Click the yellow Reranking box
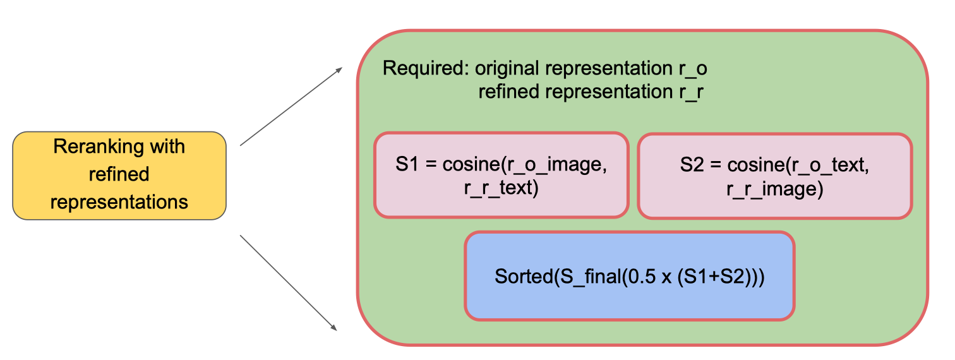(119, 175)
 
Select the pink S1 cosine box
(501, 175)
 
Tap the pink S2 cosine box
(774, 175)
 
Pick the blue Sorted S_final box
(629, 277)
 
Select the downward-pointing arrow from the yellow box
(288, 282)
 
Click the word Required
(425, 68)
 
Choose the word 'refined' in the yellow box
(119, 174)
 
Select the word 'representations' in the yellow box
(119, 202)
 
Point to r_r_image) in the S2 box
(774, 189)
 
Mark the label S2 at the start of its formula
(692, 165)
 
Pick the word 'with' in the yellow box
(167, 147)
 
